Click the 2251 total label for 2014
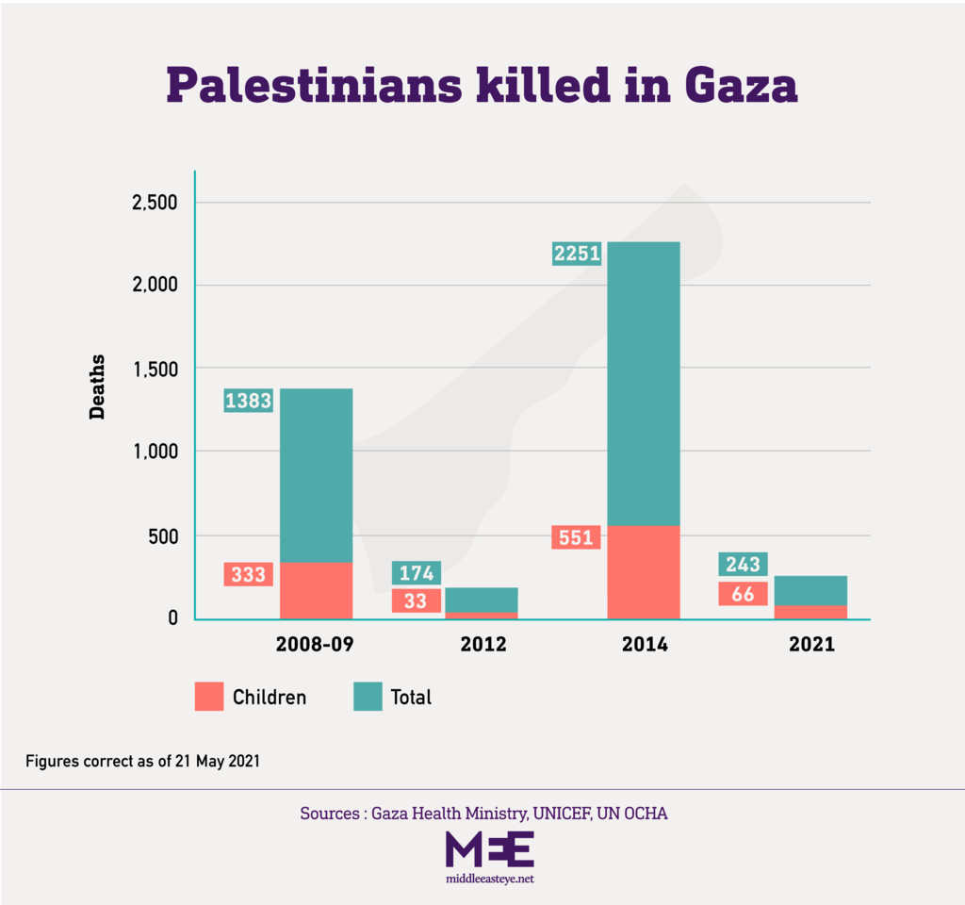(x=577, y=254)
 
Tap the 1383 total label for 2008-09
(x=248, y=401)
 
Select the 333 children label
(x=248, y=574)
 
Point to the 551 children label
(x=576, y=538)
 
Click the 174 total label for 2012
(x=416, y=572)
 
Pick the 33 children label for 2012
(x=416, y=601)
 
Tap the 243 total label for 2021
(x=743, y=564)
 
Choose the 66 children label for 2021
(x=743, y=593)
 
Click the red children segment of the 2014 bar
(x=643, y=571)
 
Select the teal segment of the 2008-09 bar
(x=316, y=475)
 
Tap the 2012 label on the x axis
(x=483, y=646)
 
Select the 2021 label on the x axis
(x=811, y=646)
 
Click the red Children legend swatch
(x=209, y=697)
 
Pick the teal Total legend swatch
(x=368, y=697)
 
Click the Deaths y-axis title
(x=97, y=387)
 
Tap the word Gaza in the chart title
(x=741, y=86)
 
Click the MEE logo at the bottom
(x=489, y=850)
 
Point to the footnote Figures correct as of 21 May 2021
(x=142, y=761)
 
